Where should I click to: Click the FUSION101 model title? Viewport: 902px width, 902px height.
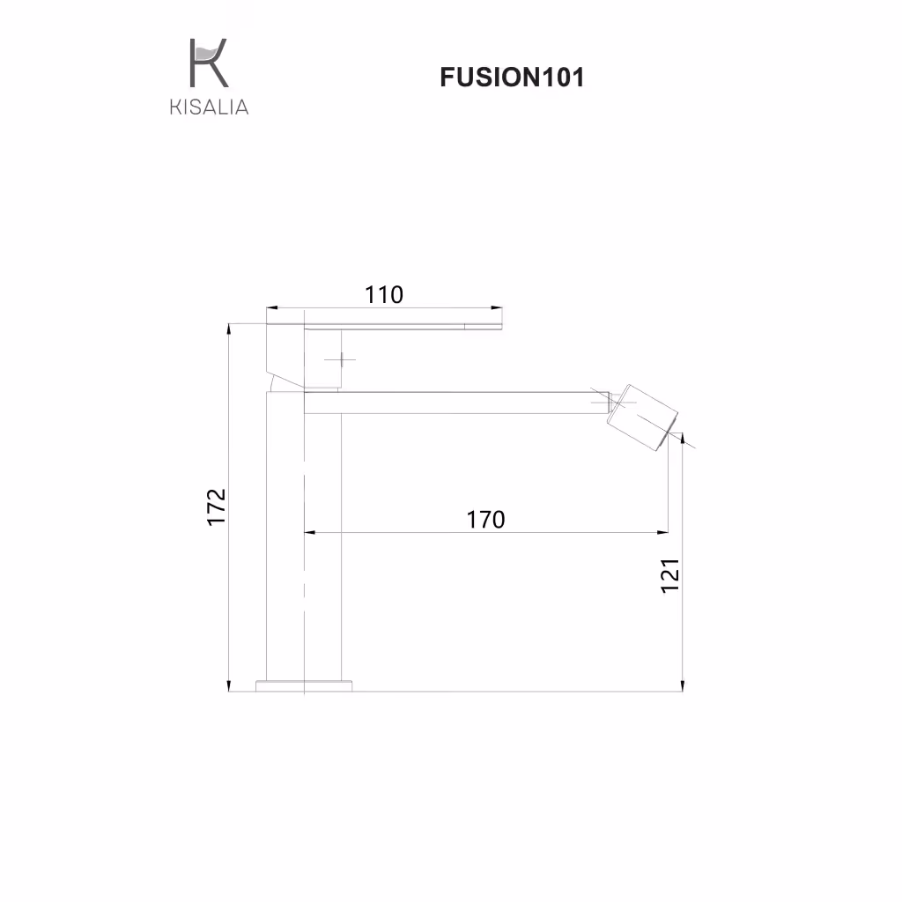512,78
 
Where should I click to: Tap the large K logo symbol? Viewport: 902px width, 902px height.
208,63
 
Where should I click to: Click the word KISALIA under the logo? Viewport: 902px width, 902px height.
210,107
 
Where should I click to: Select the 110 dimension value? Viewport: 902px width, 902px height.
384,294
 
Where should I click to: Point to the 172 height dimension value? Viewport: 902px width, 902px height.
217,506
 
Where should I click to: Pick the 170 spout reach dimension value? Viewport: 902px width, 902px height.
485,520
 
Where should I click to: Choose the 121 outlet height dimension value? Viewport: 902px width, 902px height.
670,575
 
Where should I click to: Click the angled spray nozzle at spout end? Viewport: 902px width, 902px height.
642,418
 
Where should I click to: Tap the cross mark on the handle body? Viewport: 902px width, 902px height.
340,360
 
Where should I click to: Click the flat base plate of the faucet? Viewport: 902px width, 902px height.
304,685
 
